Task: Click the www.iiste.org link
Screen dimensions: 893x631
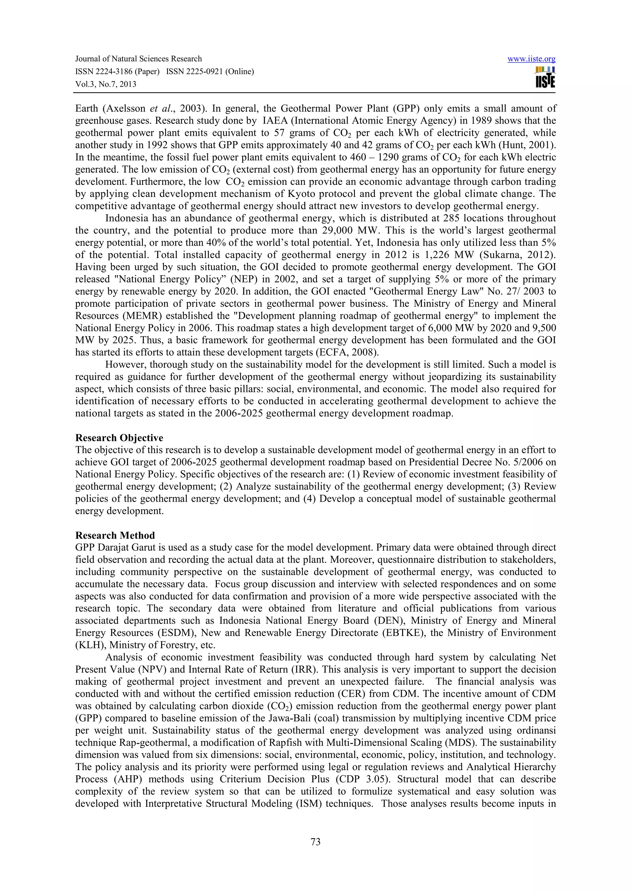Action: coord(531,59)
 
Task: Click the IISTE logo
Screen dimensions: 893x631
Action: coord(545,78)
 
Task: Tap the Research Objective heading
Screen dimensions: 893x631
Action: coord(119,438)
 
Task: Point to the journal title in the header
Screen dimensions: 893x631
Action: coord(138,59)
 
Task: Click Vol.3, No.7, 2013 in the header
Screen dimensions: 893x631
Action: coord(106,84)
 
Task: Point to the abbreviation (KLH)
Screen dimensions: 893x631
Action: coord(91,645)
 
